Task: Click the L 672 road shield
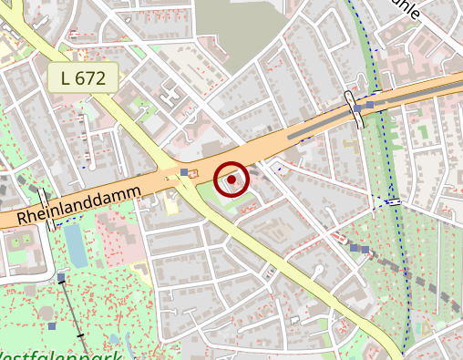[83, 78]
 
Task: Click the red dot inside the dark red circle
[231, 180]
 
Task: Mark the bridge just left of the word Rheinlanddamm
[46, 209]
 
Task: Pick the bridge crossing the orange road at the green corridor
[356, 108]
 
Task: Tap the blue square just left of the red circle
[185, 171]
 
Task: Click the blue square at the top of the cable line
[61, 276]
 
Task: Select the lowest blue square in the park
[52, 325]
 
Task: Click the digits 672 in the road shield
[94, 78]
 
